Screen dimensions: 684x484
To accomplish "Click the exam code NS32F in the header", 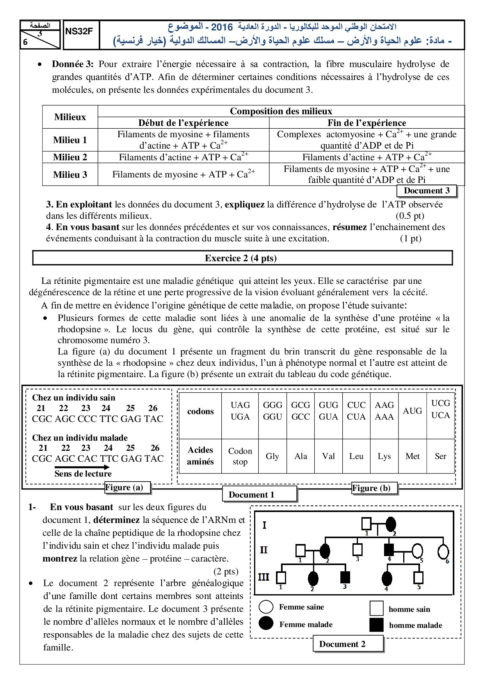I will point(79,32).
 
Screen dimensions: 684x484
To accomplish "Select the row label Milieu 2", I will point(70,157).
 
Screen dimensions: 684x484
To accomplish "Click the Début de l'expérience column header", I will point(183,123).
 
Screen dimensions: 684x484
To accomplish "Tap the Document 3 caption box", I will point(426,191).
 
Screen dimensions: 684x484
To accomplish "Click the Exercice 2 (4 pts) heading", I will point(241,258).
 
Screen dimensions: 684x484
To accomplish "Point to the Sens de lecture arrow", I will point(82,467).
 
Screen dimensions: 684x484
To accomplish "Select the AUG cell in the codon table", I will point(412,411).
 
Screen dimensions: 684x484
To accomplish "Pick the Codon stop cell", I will point(240,456).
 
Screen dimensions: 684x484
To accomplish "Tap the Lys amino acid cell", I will point(384,456).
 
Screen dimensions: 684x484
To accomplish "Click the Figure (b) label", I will point(371,488).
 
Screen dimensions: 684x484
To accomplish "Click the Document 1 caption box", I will point(252,495).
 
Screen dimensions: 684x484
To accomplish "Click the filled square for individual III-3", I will point(345,577).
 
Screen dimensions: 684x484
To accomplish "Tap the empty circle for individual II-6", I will point(443,551).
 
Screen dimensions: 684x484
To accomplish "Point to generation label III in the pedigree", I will point(264,577).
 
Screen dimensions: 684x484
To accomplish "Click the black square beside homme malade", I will point(377,625).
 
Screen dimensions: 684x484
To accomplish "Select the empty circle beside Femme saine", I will point(266,607).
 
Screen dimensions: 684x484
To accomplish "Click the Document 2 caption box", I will point(342,644).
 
